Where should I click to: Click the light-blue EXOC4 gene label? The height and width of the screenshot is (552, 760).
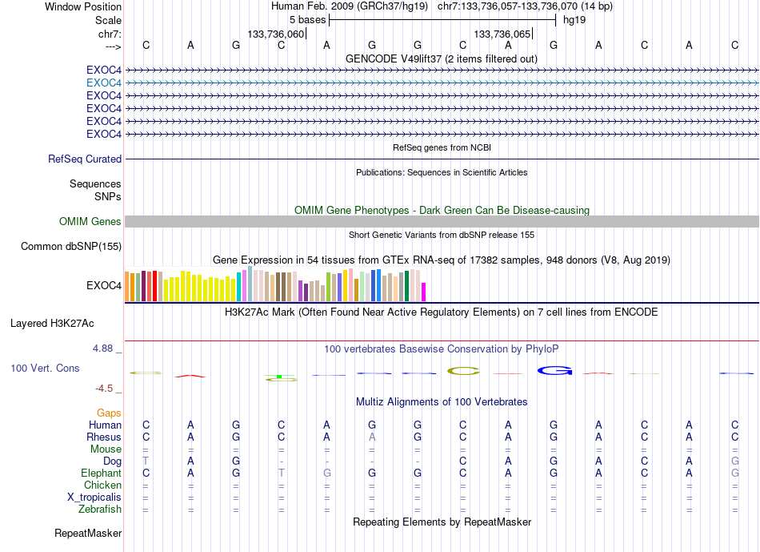tap(104, 83)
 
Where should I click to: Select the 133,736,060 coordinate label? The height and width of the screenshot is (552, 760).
tap(276, 34)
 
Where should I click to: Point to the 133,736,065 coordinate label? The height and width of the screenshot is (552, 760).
tap(502, 34)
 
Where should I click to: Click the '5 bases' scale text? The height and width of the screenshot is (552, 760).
tap(307, 19)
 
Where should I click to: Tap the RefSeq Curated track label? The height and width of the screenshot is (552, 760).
tap(85, 159)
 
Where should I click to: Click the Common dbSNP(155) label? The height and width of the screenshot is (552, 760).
tap(71, 246)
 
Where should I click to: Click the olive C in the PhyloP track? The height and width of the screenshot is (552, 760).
tap(463, 370)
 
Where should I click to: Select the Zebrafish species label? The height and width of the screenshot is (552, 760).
tap(100, 509)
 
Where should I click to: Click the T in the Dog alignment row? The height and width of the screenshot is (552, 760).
tap(146, 461)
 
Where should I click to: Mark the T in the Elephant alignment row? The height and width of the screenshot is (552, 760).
tap(281, 473)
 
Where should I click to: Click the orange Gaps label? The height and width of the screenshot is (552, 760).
tap(109, 413)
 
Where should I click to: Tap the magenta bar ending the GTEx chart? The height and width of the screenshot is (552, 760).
tap(424, 292)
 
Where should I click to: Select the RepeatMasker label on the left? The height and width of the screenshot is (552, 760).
tap(88, 533)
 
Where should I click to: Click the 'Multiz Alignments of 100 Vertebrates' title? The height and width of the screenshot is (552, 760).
tap(442, 401)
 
